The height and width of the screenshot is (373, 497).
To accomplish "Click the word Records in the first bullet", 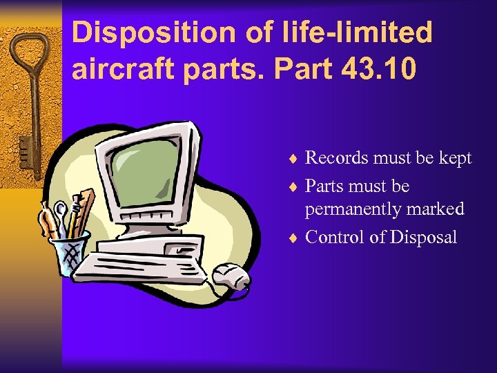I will click(336, 158).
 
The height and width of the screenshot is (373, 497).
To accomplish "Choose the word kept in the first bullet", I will click(454, 158).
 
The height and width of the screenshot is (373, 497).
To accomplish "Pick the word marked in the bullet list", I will click(436, 209).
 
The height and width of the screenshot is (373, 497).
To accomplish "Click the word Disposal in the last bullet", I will click(423, 237).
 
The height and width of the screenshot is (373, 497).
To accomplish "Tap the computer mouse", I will click(228, 277).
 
